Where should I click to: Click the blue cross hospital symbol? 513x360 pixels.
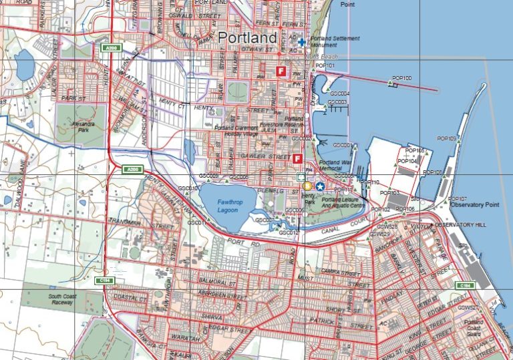tap(302, 42)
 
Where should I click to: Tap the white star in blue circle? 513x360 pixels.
tap(320, 188)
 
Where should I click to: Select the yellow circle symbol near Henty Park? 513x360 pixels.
tap(308, 186)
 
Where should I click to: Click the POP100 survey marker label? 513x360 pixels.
tap(402, 78)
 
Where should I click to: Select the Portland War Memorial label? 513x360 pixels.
tap(335, 166)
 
